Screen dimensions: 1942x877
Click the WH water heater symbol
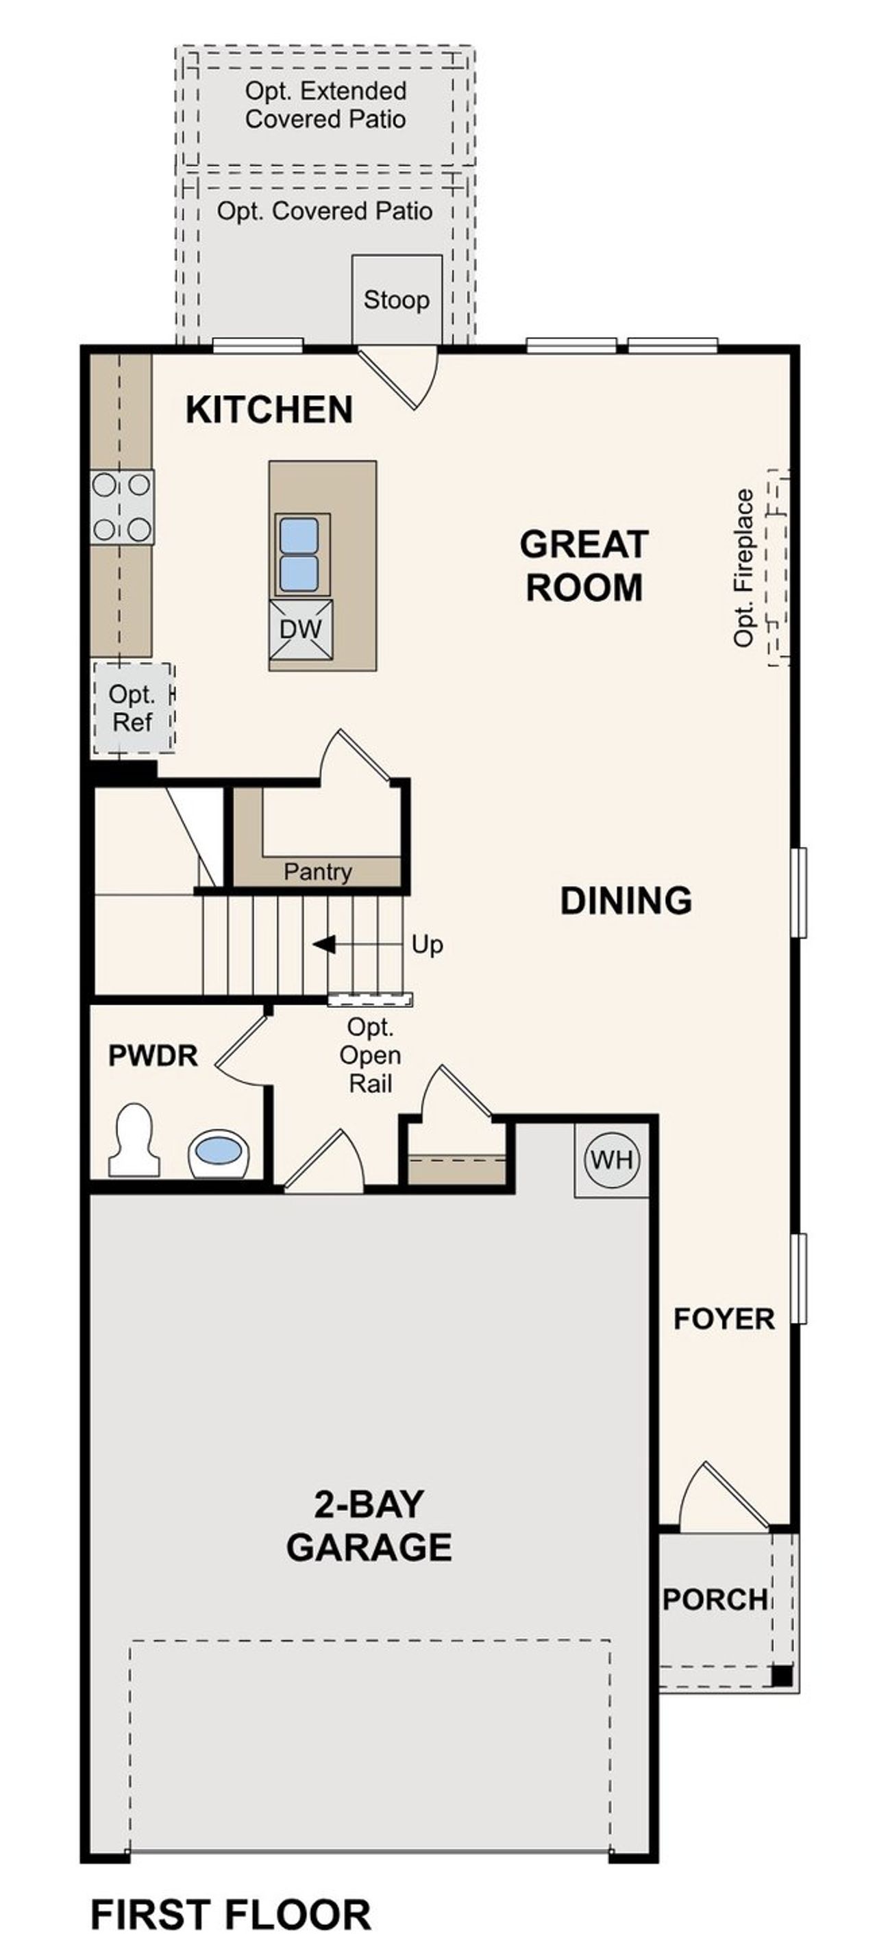tap(612, 1159)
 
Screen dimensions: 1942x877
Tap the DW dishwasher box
tap(301, 629)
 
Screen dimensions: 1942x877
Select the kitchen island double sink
tap(300, 554)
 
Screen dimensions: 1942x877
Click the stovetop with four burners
tap(121, 507)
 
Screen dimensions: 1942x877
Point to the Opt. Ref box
tap(132, 708)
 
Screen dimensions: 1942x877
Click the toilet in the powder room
tap(135, 1142)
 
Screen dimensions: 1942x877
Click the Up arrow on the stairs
tap(324, 944)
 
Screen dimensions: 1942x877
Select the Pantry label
tap(317, 872)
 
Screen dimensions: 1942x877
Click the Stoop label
tap(396, 300)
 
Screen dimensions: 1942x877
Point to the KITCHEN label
tap(269, 409)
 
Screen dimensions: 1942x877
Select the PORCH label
tap(714, 1599)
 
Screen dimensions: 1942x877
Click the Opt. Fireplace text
tap(743, 568)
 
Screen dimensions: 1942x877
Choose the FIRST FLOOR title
tap(231, 1915)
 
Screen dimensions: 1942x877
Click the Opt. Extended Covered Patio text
tap(325, 105)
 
